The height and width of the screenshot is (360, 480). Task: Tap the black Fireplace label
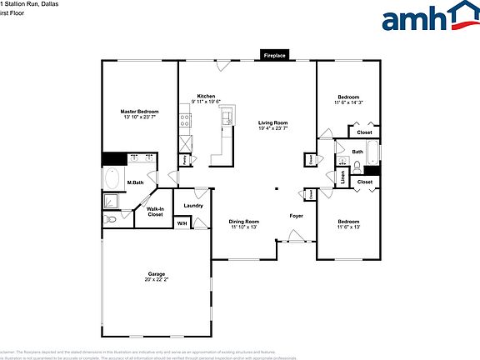point(275,56)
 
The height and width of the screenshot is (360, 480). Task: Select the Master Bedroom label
point(139,112)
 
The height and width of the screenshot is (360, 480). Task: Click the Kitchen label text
point(207,97)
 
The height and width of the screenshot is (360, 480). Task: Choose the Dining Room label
point(244,221)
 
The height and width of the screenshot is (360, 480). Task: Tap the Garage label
point(156,274)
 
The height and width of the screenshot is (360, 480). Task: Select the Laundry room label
point(194,205)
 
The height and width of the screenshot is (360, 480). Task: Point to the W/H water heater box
point(182,223)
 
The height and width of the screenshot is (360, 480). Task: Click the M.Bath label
point(135,182)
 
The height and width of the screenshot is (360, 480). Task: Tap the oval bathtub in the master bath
point(112,178)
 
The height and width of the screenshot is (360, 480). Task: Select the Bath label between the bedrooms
point(357,152)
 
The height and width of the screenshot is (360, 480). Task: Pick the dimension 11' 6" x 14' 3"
point(349,102)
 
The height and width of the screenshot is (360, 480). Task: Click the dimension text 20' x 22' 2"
point(156,280)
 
